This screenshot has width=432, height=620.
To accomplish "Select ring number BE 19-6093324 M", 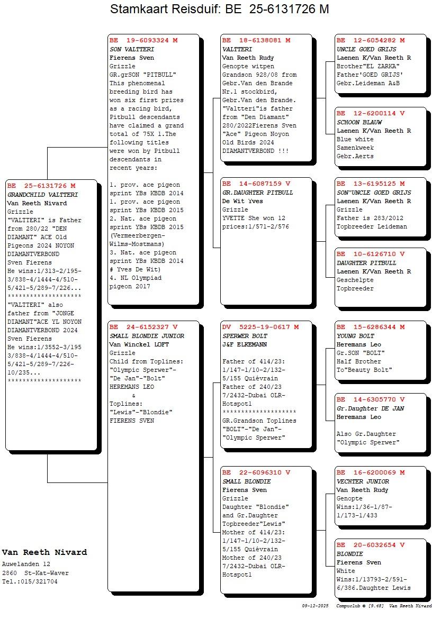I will (143, 40).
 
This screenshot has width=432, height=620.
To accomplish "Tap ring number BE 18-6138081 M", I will (256, 40).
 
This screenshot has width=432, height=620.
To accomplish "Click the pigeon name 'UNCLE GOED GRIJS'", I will (366, 49).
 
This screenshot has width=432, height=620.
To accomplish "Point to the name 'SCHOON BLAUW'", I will (359, 122).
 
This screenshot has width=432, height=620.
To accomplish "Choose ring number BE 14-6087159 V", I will (256, 184).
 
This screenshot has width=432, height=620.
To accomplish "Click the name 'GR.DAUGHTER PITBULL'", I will (257, 193).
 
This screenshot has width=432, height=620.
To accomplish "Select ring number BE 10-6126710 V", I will (371, 254).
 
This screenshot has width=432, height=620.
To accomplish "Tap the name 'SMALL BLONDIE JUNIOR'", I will (147, 336).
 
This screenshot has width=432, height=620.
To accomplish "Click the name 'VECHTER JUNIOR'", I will (363, 481).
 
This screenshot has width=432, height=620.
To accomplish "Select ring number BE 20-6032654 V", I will (371, 545).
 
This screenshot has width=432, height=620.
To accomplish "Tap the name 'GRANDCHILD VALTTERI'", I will (42, 195).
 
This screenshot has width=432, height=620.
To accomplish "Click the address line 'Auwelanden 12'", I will (26, 564).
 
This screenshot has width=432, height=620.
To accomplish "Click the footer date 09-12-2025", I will (316, 606).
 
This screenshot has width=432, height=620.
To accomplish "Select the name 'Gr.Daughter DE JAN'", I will (370, 408).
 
